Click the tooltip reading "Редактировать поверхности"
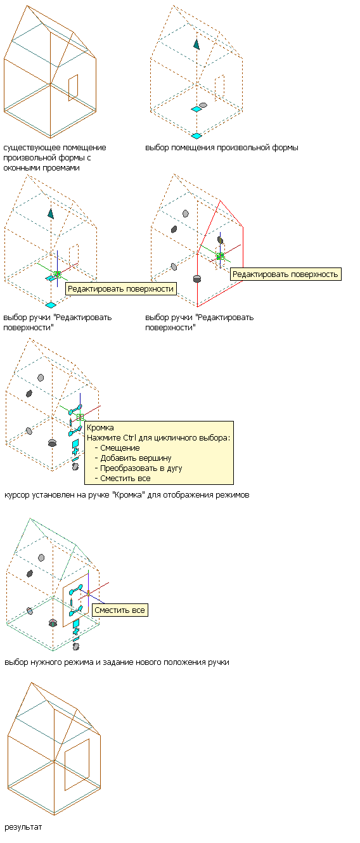[121, 288]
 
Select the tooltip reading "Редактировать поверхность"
[285, 274]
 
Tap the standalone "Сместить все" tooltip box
[120, 610]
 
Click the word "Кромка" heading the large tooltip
[100, 427]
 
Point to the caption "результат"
[23, 827]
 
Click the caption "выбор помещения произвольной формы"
[222, 148]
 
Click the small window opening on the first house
[74, 87]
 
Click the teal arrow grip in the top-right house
[196, 44]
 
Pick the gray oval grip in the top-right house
[203, 105]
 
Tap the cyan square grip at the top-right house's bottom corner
[196, 136]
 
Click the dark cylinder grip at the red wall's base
[196, 278]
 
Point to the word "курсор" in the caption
[16, 495]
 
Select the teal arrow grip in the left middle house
[51, 214]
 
